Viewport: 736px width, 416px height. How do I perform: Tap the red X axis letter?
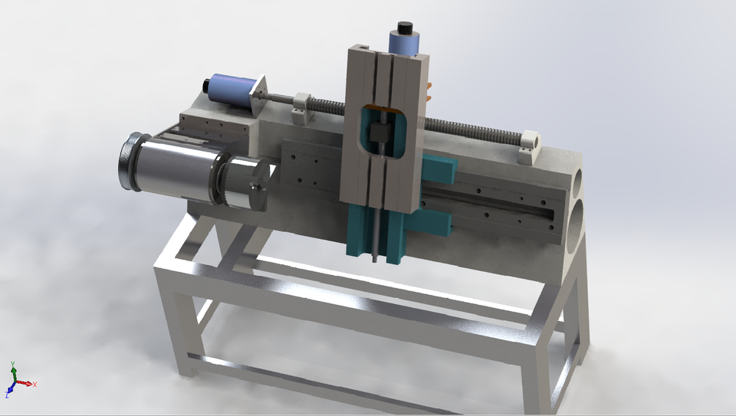coord(35,384)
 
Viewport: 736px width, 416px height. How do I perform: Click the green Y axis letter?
coord(13,366)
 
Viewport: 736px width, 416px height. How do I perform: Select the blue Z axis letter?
coord(7,395)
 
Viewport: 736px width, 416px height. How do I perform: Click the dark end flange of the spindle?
coord(127,162)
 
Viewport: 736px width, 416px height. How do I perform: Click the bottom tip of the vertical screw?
coord(375,260)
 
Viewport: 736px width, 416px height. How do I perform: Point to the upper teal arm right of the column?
coord(439,169)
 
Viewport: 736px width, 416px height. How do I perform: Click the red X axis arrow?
coord(25,382)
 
